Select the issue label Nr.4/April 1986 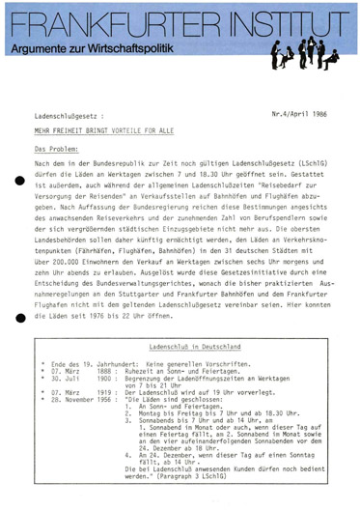click(303, 112)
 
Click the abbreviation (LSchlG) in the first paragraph click(310, 165)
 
